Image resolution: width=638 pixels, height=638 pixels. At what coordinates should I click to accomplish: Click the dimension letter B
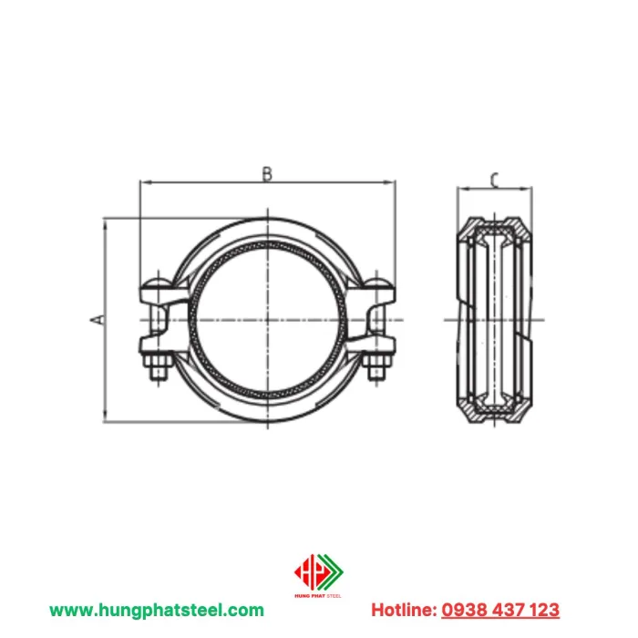[267, 173]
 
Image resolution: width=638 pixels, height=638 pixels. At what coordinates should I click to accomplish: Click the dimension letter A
[95, 319]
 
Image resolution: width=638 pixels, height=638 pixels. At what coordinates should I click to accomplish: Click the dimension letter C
[493, 180]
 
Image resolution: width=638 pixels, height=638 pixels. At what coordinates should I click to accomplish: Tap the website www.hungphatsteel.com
[157, 610]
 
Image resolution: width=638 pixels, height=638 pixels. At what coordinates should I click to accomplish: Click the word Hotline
[402, 610]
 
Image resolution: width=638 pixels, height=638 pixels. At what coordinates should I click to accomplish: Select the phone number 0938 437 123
[500, 610]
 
